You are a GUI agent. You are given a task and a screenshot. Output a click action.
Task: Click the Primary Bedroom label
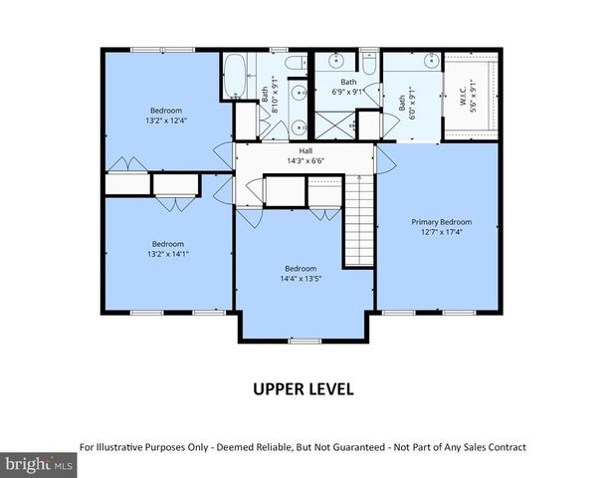point(442,222)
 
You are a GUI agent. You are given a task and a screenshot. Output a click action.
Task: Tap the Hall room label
point(305,151)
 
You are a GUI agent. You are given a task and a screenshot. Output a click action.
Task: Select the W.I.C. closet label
point(463,96)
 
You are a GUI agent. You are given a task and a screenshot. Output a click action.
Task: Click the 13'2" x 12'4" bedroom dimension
point(166,120)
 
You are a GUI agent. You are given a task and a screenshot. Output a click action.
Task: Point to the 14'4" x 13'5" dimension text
point(301,279)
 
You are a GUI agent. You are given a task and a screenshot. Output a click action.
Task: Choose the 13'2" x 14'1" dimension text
point(167,254)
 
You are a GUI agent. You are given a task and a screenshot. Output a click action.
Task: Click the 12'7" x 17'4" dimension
point(442,232)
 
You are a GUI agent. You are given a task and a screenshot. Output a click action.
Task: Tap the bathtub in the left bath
point(235,76)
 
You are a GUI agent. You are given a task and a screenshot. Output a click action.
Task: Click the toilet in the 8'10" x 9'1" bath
point(296,63)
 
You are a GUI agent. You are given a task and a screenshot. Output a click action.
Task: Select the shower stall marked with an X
point(335,125)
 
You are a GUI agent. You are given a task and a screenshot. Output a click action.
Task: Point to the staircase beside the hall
point(359,220)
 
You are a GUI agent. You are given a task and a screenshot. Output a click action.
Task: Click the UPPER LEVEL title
point(304,389)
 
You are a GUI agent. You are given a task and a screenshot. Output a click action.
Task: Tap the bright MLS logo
point(39,465)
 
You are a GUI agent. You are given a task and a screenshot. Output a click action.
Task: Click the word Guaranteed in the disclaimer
point(360,447)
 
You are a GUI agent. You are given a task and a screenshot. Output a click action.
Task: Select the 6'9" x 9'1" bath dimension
point(348,93)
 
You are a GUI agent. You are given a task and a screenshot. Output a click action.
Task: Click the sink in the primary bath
point(431,61)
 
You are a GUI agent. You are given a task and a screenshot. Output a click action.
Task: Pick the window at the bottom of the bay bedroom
point(305,342)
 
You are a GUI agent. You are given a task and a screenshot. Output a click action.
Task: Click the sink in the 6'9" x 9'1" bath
point(335,61)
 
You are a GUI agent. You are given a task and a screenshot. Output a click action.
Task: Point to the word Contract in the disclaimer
point(507,447)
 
